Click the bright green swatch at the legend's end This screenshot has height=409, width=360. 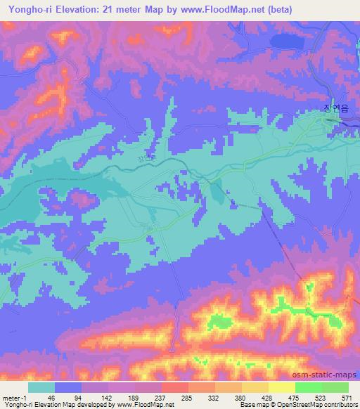click(x=335, y=387)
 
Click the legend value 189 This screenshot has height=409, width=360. click(x=133, y=397)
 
